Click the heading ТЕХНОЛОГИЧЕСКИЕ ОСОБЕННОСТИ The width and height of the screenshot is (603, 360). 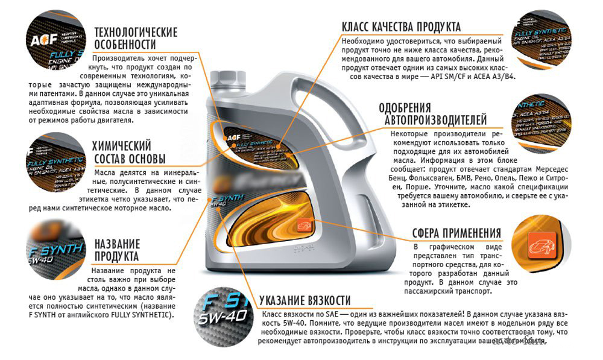tap(135, 38)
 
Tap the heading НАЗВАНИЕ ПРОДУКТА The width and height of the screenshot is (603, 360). tap(117, 251)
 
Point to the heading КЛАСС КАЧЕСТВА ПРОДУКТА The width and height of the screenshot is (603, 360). tap(401, 27)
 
